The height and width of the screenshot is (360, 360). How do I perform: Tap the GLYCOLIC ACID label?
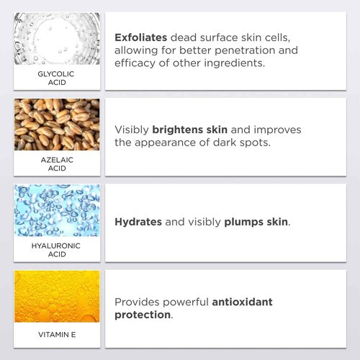click(57, 77)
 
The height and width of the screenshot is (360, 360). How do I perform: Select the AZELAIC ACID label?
click(57, 163)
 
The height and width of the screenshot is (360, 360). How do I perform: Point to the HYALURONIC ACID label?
click(57, 250)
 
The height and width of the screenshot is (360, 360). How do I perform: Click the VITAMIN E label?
click(57, 335)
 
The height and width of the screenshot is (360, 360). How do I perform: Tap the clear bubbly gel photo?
click(57, 38)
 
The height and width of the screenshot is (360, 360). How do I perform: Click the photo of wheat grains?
click(57, 124)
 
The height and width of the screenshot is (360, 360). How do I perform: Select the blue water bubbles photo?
click(57, 210)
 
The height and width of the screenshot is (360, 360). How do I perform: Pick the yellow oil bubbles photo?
click(57, 296)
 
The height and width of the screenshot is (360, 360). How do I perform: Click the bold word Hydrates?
click(138, 222)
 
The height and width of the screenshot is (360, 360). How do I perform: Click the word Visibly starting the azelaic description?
click(132, 130)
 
